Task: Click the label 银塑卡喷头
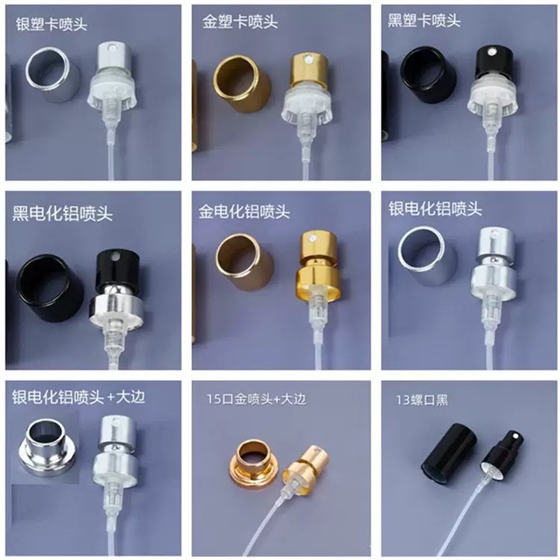pyautogui.click(x=52, y=24)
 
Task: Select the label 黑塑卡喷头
pyautogui.click(x=424, y=20)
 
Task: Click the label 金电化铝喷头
pyautogui.click(x=244, y=211)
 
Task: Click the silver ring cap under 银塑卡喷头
pyautogui.click(x=54, y=75)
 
